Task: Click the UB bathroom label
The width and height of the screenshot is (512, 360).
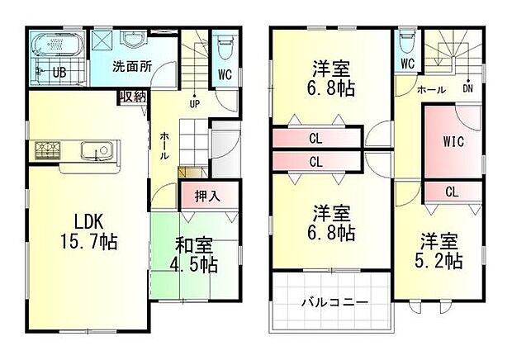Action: coord(59,73)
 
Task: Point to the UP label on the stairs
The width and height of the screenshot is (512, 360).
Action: coord(194,104)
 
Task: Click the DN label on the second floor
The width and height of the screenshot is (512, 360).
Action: coord(467,88)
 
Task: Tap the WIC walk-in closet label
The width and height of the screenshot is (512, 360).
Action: coord(453,141)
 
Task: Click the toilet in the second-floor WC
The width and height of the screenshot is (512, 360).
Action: coord(407,42)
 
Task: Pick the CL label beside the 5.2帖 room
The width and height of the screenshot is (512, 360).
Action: coord(452,192)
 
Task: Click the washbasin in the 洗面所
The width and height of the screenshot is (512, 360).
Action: coord(133,40)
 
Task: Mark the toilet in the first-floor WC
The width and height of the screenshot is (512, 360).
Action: coord(224,48)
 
